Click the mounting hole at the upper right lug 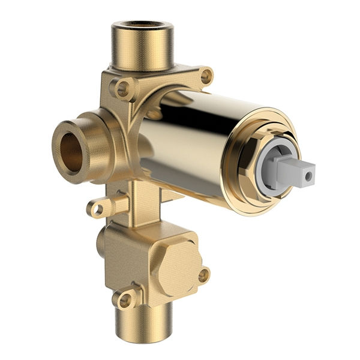206,76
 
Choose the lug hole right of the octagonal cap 204,275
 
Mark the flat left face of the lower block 123,258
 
